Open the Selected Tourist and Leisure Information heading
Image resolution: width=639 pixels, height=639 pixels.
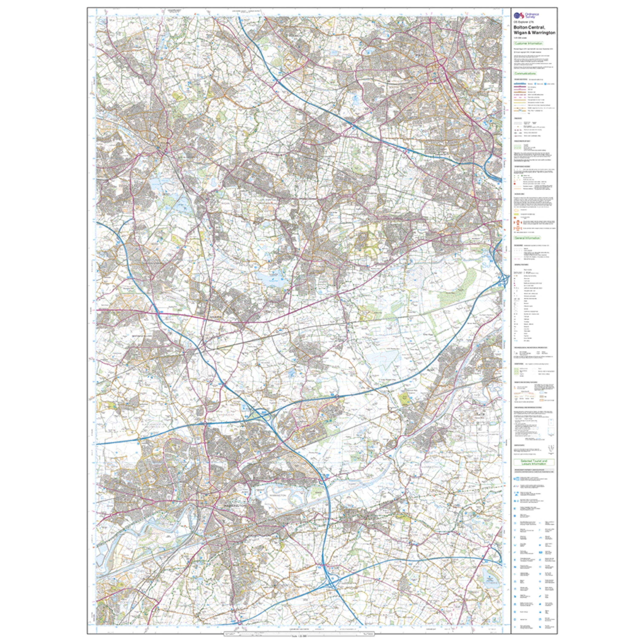534,462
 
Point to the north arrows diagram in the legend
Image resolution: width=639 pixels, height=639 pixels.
549,449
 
